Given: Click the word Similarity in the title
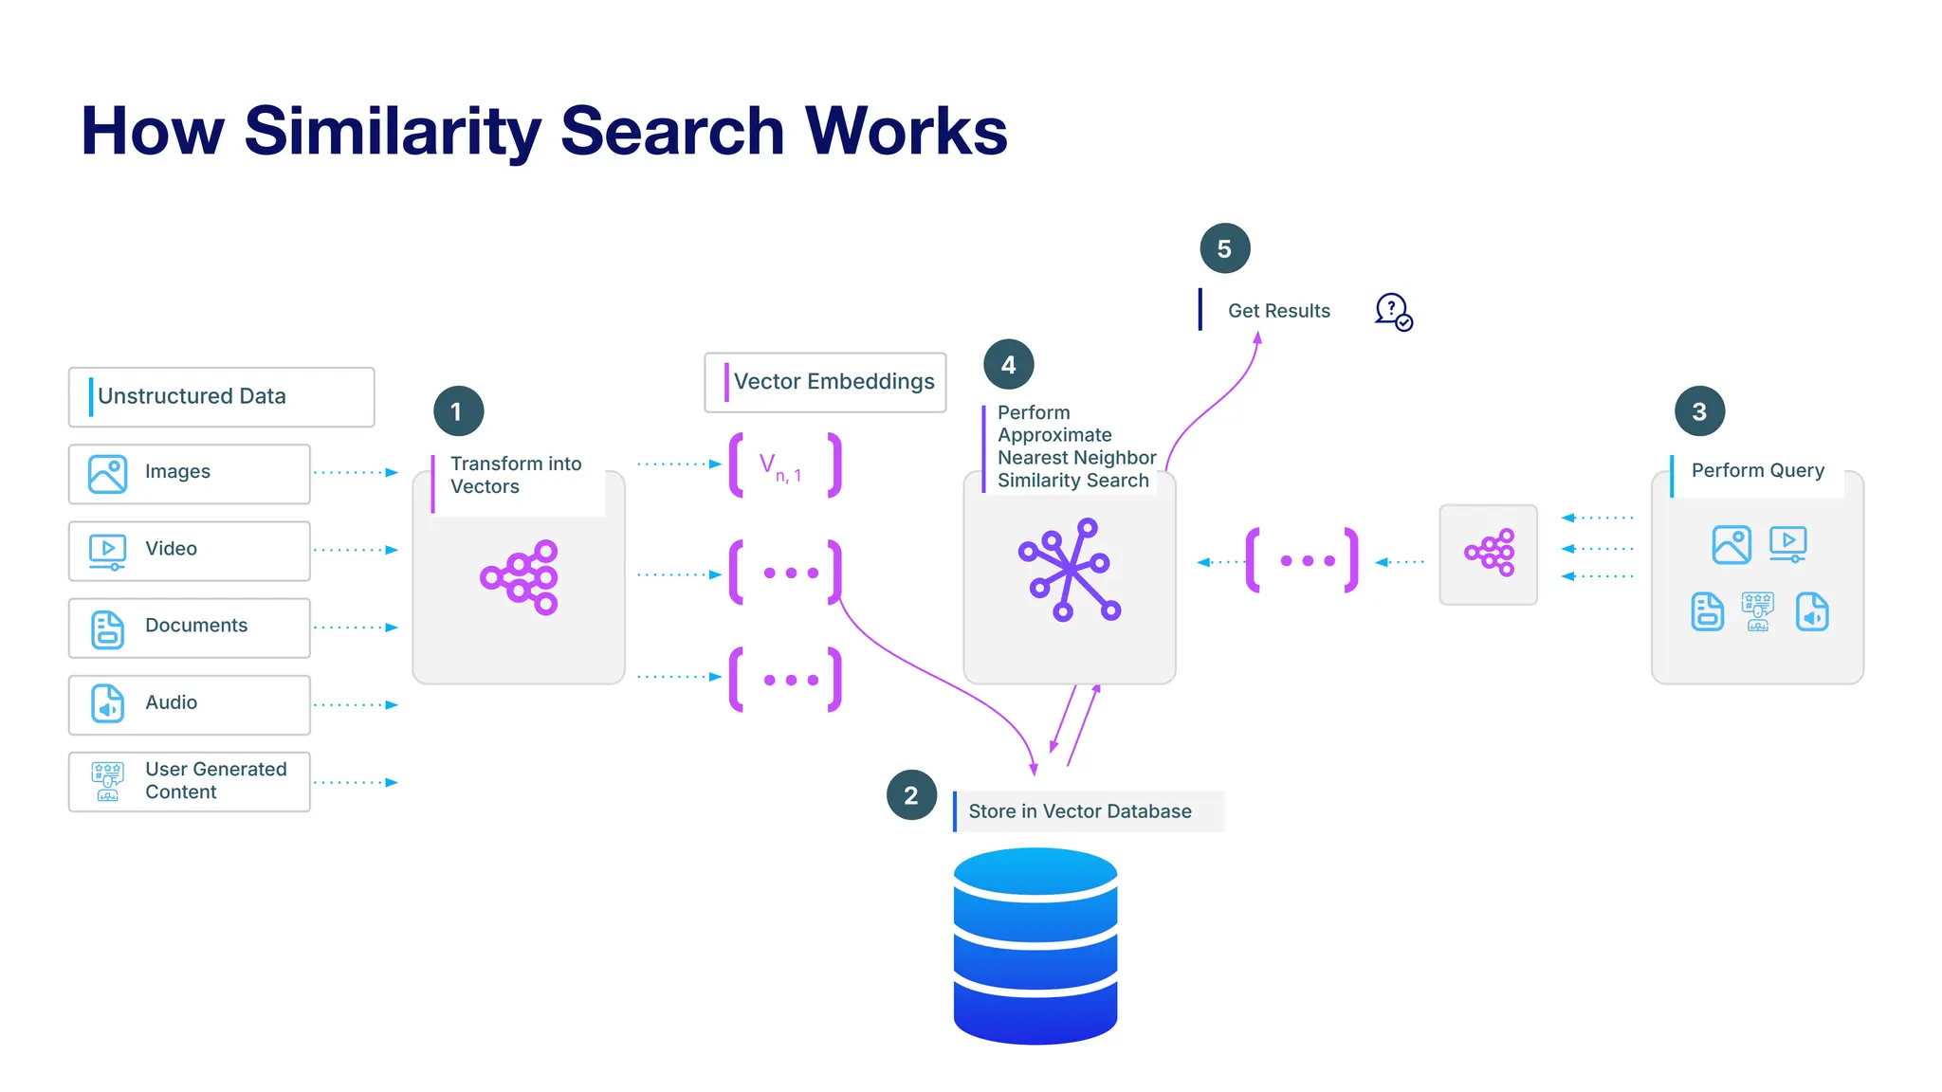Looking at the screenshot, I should pos(393,131).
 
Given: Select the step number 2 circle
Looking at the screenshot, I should pos(911,795).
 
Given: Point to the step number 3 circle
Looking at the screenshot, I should pos(1699,411).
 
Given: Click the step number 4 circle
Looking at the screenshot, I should pos(1008,365).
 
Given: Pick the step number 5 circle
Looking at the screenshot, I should pos(1224,248).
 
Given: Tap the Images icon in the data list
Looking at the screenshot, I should pos(107,473).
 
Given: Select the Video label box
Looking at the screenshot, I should pos(190,550).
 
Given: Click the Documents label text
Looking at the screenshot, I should pos(196,626).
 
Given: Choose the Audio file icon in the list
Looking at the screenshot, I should pos(107,704).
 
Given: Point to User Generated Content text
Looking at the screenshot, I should pos(215,780).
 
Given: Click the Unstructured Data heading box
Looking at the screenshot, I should pos(221,396).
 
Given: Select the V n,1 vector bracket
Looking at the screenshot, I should pos(784,464).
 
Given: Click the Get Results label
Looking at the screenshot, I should pos(1278,311).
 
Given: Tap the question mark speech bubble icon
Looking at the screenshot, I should pos(1393,311).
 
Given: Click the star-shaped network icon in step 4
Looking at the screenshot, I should pos(1069,570).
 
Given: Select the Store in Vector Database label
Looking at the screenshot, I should pos(1080,811).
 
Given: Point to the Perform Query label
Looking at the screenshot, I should pos(1757,470).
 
